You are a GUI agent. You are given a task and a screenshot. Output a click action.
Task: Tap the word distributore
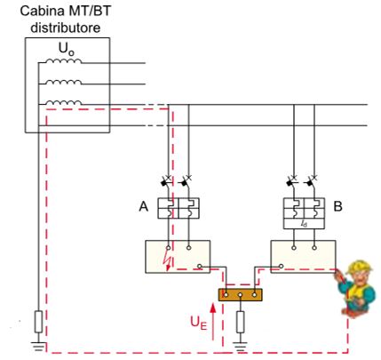(66, 28)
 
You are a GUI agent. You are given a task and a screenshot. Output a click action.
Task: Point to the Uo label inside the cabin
(67, 49)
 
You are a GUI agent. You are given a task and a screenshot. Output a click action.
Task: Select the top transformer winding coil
(63, 60)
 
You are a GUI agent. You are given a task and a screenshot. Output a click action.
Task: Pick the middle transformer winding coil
(63, 82)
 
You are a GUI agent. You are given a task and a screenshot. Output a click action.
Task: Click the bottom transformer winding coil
(63, 102)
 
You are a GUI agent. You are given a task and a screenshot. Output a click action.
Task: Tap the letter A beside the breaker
(144, 206)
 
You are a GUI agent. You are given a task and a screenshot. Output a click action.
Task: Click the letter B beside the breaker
(337, 206)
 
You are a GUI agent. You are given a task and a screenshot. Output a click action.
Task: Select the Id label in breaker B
(304, 224)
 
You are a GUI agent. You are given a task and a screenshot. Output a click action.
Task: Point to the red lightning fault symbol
(167, 261)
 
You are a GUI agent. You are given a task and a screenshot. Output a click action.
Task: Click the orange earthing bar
(241, 295)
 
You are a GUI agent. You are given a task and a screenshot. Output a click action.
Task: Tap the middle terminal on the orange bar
(241, 295)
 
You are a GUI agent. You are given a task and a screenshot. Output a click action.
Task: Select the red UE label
(198, 323)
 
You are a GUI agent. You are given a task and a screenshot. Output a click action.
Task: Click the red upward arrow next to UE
(212, 322)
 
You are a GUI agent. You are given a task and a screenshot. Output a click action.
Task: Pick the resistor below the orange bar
(241, 322)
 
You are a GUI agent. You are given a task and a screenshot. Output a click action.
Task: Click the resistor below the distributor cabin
(38, 322)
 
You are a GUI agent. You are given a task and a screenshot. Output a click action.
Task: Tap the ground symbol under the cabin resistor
(38, 346)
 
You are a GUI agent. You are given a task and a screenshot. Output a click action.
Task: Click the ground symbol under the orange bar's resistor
(241, 346)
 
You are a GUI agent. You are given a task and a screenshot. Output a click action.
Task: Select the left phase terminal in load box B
(294, 248)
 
